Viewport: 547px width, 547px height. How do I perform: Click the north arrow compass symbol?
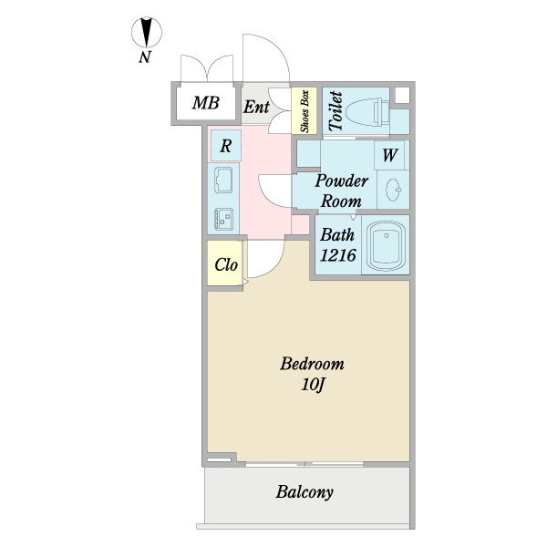pyautogui.click(x=145, y=35)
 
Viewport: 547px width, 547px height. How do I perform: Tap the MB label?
pyautogui.click(x=205, y=103)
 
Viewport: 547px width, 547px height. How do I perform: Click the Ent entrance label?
pyautogui.click(x=256, y=107)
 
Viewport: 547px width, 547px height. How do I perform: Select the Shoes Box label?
pyautogui.click(x=303, y=111)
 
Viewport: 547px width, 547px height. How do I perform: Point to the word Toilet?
pyautogui.click(x=335, y=110)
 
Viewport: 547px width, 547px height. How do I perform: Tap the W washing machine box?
pyautogui.click(x=389, y=155)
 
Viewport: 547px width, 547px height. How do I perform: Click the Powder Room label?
pyautogui.click(x=341, y=191)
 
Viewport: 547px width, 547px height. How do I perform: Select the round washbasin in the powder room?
pyautogui.click(x=394, y=190)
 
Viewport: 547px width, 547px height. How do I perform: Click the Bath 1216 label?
pyautogui.click(x=336, y=244)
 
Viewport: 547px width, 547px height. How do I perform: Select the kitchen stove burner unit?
pyautogui.click(x=223, y=219)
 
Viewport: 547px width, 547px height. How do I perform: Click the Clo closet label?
pyautogui.click(x=225, y=265)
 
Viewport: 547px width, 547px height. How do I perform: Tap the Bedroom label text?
pyautogui.click(x=312, y=364)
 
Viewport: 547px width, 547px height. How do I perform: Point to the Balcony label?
pyautogui.click(x=304, y=492)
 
